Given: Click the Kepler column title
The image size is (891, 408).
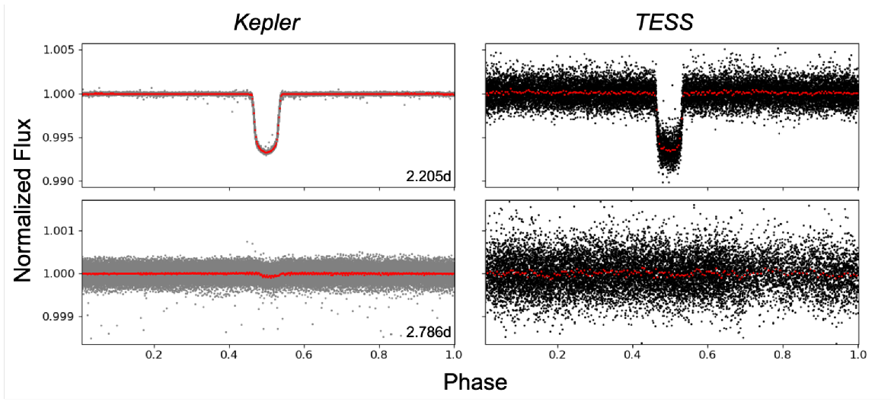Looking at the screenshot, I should pyautogui.click(x=267, y=24).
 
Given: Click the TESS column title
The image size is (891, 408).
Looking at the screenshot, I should pyautogui.click(x=664, y=24).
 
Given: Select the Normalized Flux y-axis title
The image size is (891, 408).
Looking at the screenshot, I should pyautogui.click(x=24, y=199).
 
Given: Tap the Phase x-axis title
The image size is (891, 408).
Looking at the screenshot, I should pyautogui.click(x=475, y=381).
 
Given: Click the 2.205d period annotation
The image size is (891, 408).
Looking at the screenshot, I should pyautogui.click(x=428, y=177).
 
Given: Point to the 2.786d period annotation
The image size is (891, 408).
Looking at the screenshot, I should pyautogui.click(x=428, y=332).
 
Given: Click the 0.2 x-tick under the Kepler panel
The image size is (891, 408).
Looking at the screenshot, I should pyautogui.click(x=155, y=355).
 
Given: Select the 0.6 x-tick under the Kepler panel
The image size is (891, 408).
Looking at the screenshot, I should pyautogui.click(x=305, y=355).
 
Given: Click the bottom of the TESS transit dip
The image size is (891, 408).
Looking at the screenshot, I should pyautogui.click(x=669, y=150).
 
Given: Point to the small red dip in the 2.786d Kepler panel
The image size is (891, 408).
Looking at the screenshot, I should pyautogui.click(x=269, y=276).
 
